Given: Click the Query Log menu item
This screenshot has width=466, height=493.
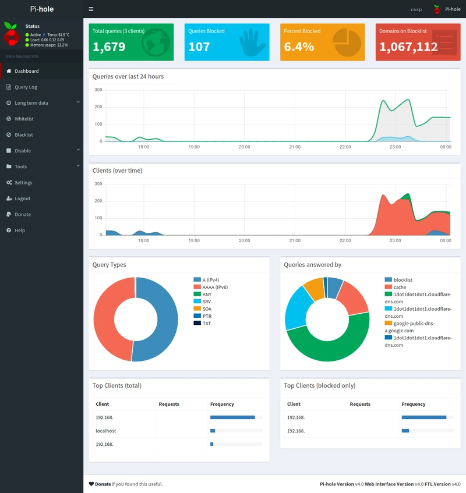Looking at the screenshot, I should click(26, 87).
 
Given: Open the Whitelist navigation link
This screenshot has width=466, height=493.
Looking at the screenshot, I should click(24, 119).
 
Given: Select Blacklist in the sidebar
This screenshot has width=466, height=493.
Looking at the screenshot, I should click(24, 135).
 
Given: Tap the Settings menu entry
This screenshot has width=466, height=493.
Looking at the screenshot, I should click(23, 183).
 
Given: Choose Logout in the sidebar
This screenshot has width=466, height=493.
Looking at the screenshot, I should click(22, 198).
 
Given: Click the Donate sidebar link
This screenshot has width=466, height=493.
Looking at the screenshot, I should click(23, 215).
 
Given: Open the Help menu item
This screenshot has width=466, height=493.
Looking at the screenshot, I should click(20, 230).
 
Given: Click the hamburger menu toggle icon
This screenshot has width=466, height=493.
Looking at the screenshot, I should click(91, 9).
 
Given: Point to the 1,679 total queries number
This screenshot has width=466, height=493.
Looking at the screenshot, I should click(109, 47).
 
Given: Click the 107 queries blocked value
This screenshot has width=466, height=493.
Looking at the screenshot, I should click(199, 47).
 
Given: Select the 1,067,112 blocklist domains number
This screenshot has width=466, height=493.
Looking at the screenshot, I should click(408, 47).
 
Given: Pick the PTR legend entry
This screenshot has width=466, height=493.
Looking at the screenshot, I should click(207, 316).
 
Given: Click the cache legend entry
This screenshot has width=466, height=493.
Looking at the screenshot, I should click(400, 287).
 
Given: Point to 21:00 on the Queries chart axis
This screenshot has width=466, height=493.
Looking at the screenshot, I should click(295, 147).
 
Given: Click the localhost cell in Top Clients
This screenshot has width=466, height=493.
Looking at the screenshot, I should click(106, 431).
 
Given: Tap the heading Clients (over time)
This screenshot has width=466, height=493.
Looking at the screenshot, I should click(117, 171).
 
